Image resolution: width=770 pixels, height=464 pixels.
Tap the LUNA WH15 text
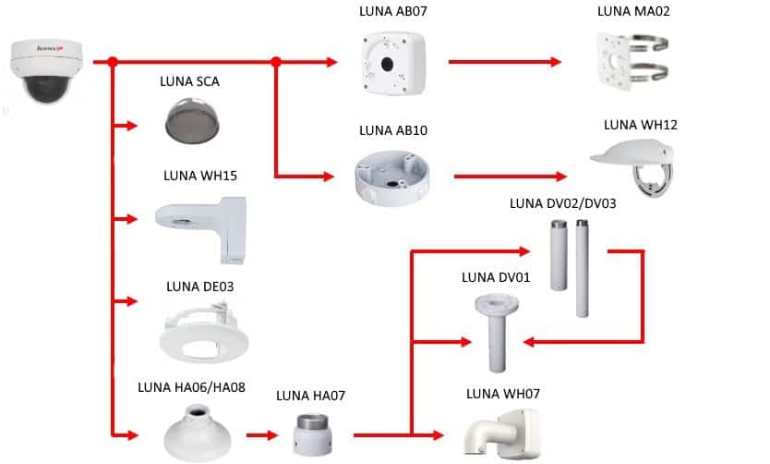(x=200, y=176)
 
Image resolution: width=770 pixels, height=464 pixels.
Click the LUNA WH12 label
(x=635, y=125)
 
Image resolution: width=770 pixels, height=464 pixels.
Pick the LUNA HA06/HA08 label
(x=191, y=387)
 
